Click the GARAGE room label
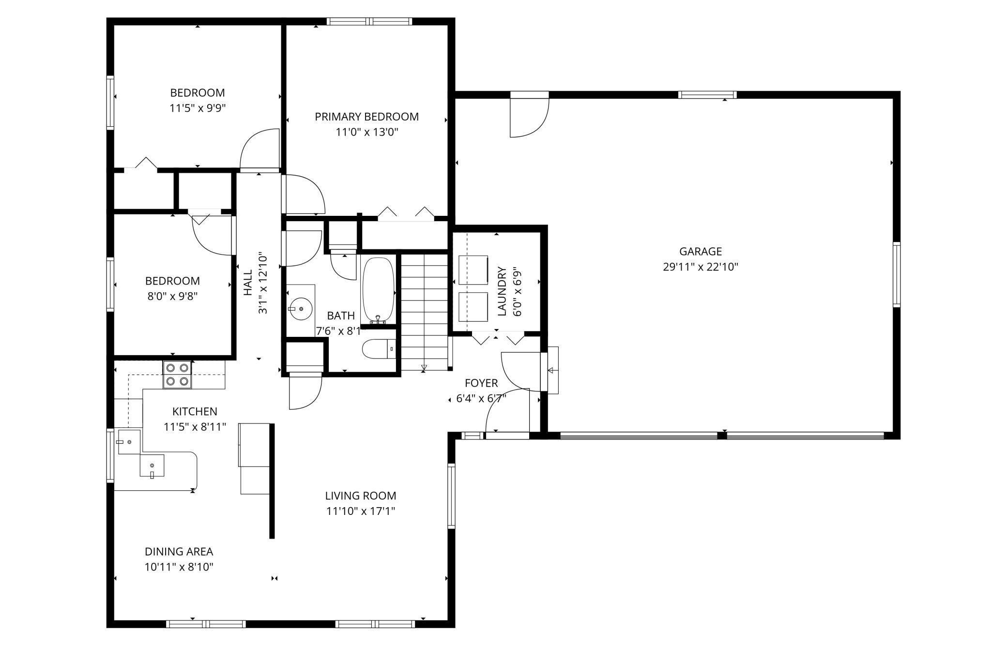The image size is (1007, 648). (x=700, y=251)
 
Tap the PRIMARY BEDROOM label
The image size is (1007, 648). (x=366, y=117)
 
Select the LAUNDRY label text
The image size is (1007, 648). (x=502, y=291)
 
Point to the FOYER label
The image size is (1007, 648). (x=481, y=383)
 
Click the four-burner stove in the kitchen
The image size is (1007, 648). (x=177, y=375)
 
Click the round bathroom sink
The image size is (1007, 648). (x=300, y=308)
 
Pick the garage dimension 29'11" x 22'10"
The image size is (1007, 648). (x=700, y=267)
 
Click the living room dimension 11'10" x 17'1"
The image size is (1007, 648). (x=361, y=511)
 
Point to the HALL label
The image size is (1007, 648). (x=248, y=283)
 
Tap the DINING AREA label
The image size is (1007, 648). (x=179, y=552)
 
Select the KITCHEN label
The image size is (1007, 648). (x=195, y=412)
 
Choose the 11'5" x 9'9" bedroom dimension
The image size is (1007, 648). (x=198, y=108)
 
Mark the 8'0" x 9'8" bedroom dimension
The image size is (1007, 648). (x=172, y=296)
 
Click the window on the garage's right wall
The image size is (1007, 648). (x=896, y=274)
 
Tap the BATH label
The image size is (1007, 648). (x=341, y=316)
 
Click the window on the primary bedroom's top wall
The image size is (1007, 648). (x=369, y=21)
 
